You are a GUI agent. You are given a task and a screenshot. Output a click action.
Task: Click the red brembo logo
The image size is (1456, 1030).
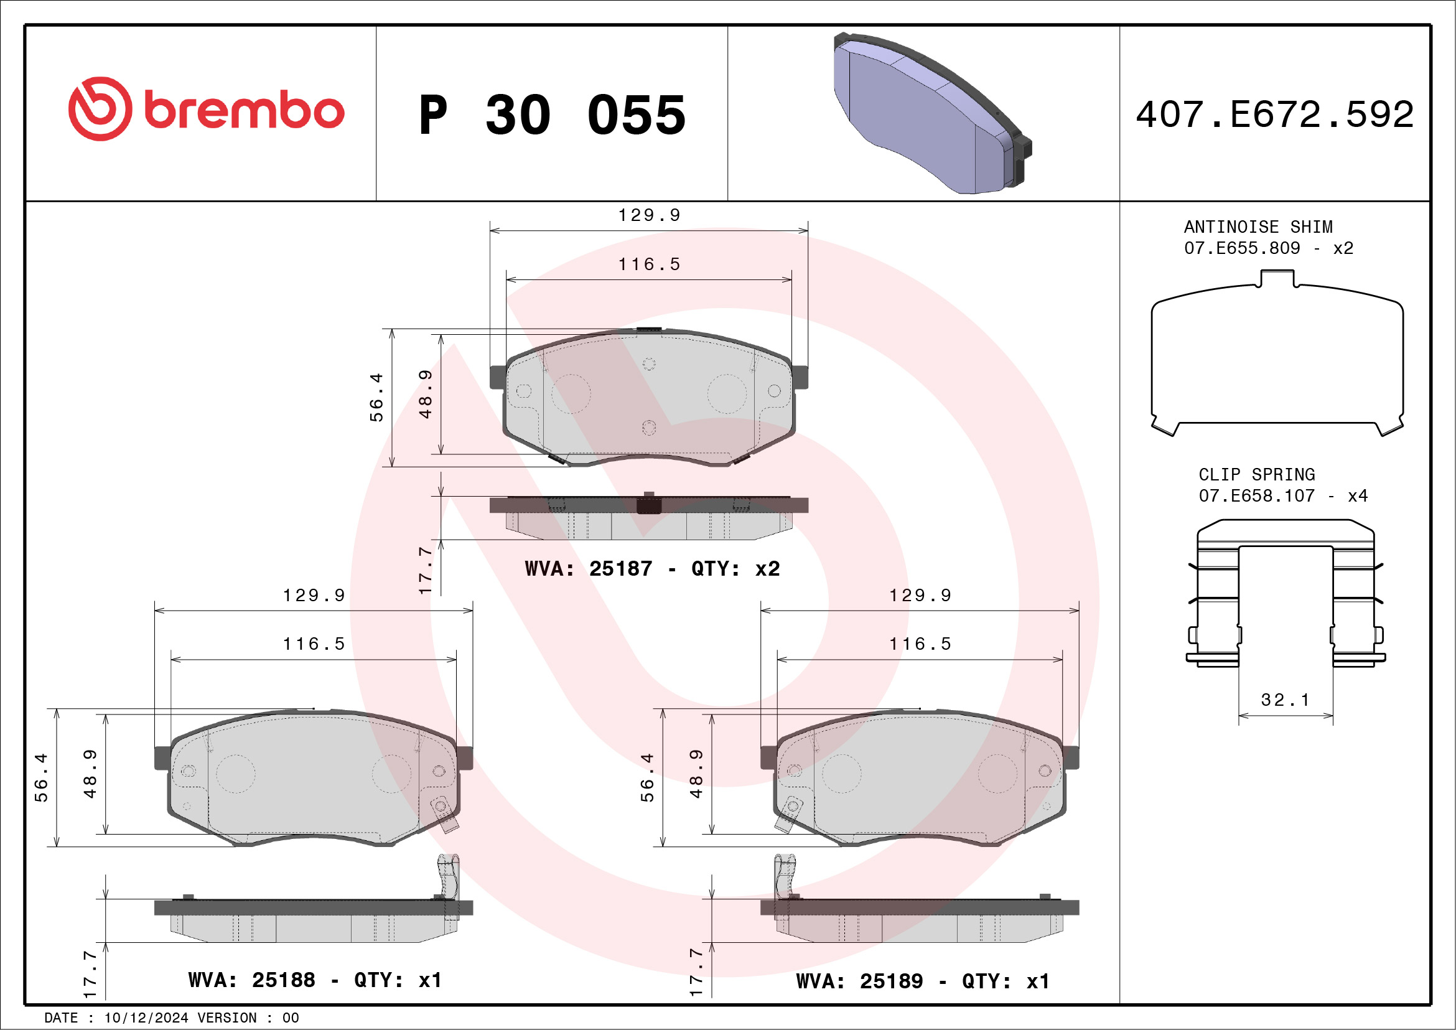pos(206,109)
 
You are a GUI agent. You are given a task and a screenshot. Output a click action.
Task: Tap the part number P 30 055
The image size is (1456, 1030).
pos(553,115)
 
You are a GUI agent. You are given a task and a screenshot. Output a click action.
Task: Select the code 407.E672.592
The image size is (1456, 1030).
pos(1275,114)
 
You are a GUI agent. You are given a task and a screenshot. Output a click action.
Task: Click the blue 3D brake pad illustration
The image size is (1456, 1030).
pos(932,113)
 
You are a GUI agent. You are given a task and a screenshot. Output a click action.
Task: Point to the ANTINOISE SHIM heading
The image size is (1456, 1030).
pos(1258,227)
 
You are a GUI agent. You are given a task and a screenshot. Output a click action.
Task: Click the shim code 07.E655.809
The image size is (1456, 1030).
pos(1242,248)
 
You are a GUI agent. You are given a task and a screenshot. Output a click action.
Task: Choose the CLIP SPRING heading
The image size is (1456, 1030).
pos(1256,474)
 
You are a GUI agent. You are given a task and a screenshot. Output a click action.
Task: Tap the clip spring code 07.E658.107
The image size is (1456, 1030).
pos(1256,496)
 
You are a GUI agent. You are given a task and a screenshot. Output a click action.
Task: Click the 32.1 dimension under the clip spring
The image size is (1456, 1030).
pos(1285,700)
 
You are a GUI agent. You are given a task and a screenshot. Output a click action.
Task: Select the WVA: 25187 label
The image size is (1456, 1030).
pos(589,568)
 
